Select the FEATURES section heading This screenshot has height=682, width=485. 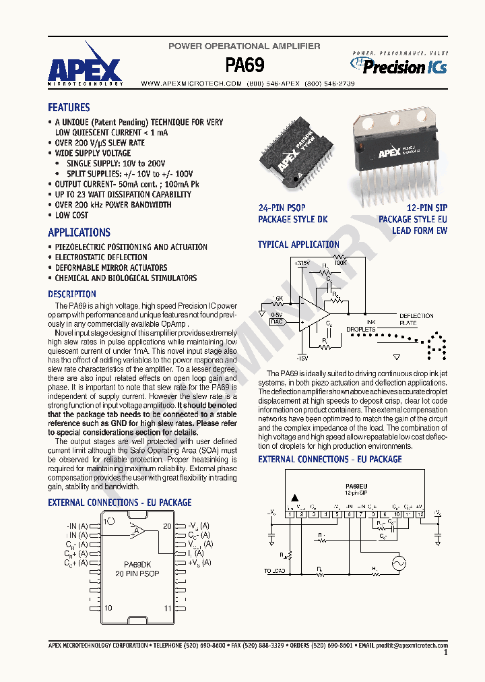tap(69, 108)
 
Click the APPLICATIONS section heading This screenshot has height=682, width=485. tap(79, 232)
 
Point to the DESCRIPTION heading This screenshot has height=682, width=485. tap(72, 294)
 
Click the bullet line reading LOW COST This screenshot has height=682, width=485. tap(71, 215)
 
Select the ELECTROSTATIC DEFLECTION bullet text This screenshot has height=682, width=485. tap(101, 257)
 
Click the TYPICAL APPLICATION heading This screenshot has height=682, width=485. tap(298, 245)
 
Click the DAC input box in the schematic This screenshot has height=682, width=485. tap(277, 322)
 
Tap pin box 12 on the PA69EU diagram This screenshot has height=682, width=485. tap(421, 514)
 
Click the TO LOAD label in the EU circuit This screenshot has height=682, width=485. tap(276, 571)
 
